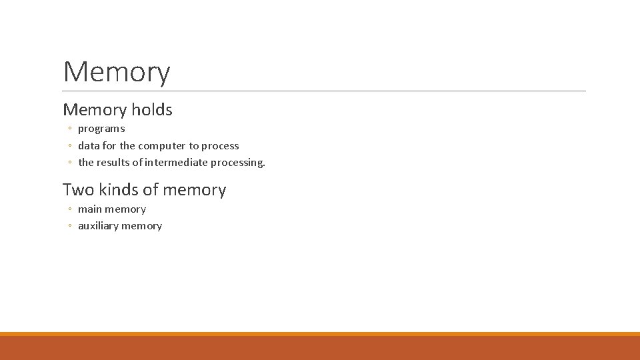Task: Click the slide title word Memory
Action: (x=117, y=72)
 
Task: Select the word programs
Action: (x=101, y=129)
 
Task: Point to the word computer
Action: (x=162, y=145)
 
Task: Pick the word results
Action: (x=113, y=162)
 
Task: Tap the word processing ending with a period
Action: (x=238, y=162)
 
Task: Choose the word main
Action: (x=90, y=209)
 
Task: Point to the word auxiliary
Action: (x=98, y=226)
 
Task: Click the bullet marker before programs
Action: (x=69, y=129)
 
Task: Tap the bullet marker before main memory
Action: (x=69, y=210)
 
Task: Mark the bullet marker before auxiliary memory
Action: (x=69, y=227)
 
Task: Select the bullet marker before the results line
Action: (x=69, y=163)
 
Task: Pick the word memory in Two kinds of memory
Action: (x=194, y=191)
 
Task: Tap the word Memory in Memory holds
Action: (x=95, y=110)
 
